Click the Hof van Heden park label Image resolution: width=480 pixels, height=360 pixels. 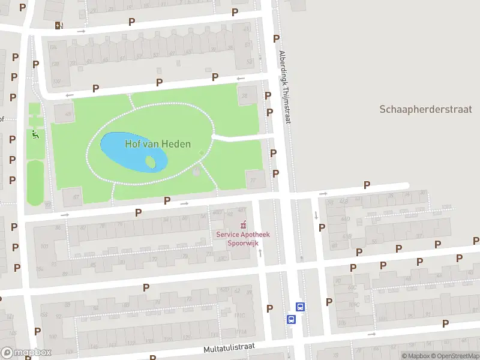(x=158, y=144)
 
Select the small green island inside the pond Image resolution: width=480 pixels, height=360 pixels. (x=152, y=162)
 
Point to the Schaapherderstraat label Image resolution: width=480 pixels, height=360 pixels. (x=425, y=109)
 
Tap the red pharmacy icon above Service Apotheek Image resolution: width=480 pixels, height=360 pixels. (x=242, y=225)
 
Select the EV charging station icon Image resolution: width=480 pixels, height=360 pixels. (x=58, y=25)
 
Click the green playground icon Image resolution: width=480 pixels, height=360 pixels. (x=35, y=135)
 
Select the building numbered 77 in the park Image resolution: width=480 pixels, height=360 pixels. (x=254, y=179)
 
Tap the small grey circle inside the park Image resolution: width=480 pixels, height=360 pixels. (x=196, y=172)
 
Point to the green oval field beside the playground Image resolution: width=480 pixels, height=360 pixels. (x=35, y=182)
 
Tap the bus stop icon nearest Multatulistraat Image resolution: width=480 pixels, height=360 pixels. (x=292, y=319)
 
